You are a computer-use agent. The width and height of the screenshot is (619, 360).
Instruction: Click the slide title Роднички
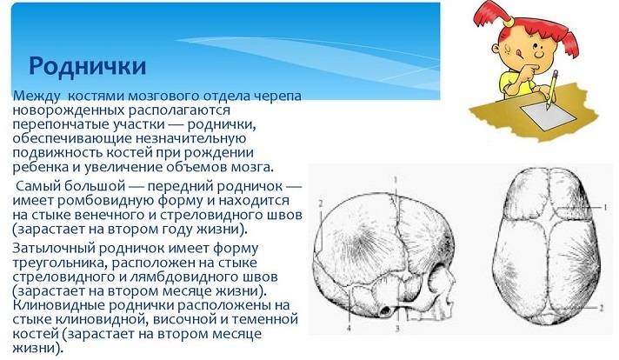point(87,66)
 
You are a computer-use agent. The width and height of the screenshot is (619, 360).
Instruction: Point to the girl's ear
point(508,48)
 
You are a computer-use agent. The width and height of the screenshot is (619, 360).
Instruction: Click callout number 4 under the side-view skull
point(349,329)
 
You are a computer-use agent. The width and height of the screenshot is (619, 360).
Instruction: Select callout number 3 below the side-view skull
point(397,328)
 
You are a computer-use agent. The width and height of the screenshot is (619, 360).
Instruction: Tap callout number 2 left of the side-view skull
point(321,203)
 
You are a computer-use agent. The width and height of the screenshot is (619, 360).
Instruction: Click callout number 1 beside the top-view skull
point(604,207)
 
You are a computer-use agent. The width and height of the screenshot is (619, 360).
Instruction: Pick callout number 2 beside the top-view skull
point(602,308)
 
